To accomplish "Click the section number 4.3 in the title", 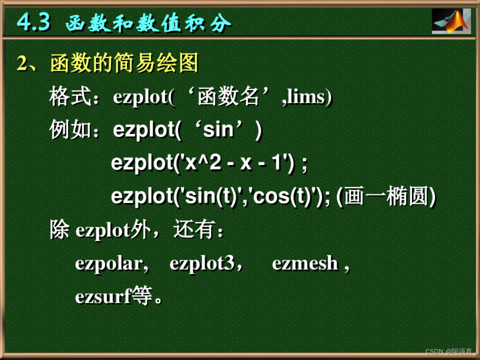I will click(33, 22).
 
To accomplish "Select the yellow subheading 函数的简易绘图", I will click(124, 63).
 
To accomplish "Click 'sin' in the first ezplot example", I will click(218, 130).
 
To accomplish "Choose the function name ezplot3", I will click(202, 264).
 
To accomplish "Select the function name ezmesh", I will click(305, 264).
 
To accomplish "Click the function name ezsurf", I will click(102, 297).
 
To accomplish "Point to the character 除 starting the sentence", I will click(60, 231).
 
